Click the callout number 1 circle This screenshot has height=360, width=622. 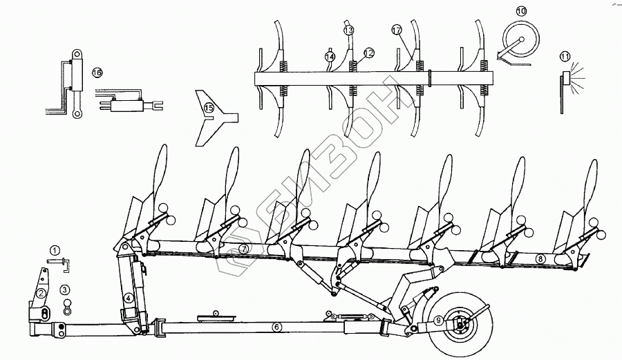point(55,249)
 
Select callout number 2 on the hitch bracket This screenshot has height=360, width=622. point(42,293)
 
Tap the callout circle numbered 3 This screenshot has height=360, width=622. point(64,290)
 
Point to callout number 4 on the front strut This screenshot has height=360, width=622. point(129,299)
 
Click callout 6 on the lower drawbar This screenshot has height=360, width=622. point(276,327)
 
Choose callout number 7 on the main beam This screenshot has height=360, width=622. point(244,247)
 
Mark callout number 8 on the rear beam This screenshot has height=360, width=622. point(541,258)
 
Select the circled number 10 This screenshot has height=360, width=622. point(521,11)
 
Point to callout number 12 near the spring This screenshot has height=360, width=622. point(368,53)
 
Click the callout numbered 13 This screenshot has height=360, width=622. point(348,30)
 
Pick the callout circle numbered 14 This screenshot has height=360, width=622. point(330,56)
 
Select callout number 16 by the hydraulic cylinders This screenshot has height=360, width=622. point(96,72)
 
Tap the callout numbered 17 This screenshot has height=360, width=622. point(397,30)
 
